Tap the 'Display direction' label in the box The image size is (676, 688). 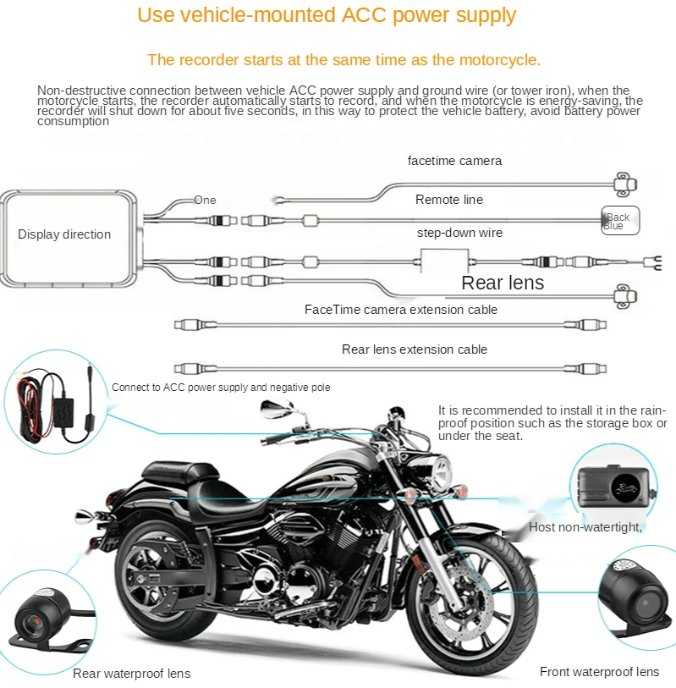tap(64, 234)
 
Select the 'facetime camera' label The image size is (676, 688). tap(454, 161)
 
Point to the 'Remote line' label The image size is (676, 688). tap(449, 200)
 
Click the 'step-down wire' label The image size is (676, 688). tap(459, 233)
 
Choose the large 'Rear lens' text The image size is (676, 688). tap(503, 283)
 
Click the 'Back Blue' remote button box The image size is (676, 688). tap(620, 220)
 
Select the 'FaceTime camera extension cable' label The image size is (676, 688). tap(401, 310)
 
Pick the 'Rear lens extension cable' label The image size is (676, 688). tap(415, 350)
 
